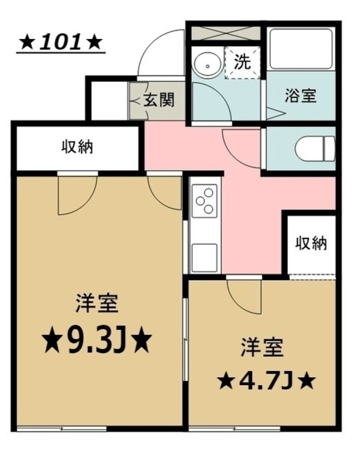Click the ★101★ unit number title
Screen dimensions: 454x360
61,44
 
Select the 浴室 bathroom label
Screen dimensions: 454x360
300,96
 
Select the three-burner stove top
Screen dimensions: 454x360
203,201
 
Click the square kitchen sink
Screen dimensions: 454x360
204,256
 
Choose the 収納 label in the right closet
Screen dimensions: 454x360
311,243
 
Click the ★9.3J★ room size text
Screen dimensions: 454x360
96,341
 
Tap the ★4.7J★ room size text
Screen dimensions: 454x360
266,380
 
